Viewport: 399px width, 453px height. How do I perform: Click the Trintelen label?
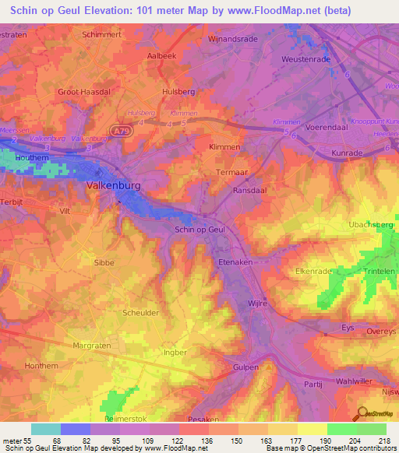pos(379,271)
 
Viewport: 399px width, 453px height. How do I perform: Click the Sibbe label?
pos(104,262)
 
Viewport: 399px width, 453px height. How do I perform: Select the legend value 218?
pos(385,441)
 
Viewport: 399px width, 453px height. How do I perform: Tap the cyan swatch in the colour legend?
pos(45,429)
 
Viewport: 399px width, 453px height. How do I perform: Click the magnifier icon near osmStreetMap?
pos(362,413)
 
